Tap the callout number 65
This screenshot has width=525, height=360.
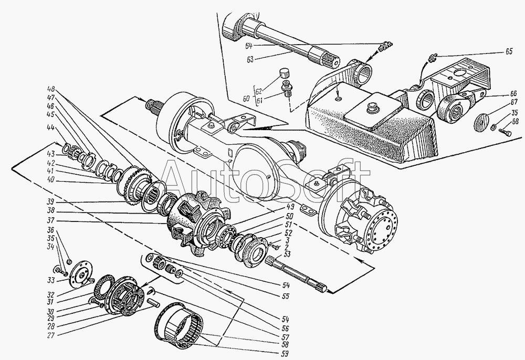pyautogui.click(x=509, y=52)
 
